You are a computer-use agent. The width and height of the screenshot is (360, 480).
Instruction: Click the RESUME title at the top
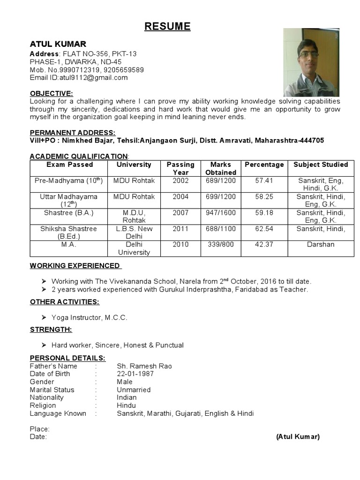(x=167, y=27)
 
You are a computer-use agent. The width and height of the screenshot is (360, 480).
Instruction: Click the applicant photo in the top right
(x=311, y=62)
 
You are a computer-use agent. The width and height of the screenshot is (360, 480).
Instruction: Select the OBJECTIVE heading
(x=52, y=93)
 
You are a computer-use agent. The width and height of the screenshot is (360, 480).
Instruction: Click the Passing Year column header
(x=180, y=168)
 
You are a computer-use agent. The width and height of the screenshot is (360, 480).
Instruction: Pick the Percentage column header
(x=264, y=165)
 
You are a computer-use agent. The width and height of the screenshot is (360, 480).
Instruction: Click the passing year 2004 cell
(x=180, y=197)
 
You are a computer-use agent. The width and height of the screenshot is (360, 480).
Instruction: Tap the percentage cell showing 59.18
(x=264, y=213)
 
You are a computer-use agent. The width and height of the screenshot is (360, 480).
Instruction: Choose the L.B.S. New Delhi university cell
(x=134, y=232)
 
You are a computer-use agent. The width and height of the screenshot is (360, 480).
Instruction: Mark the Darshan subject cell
(x=321, y=245)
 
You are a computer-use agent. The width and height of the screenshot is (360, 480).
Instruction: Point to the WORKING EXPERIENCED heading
(x=75, y=266)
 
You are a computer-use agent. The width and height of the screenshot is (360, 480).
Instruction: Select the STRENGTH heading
(x=51, y=330)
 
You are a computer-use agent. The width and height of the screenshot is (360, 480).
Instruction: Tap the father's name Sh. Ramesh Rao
(x=144, y=366)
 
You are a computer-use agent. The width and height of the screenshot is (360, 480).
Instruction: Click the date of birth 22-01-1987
(x=135, y=374)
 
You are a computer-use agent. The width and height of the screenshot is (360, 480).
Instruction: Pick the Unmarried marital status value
(x=134, y=390)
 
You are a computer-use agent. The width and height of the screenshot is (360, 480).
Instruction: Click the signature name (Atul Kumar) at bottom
(x=298, y=437)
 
